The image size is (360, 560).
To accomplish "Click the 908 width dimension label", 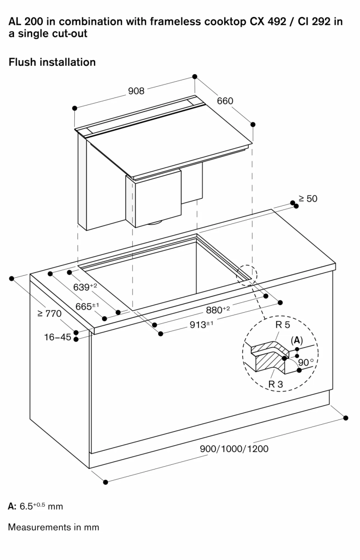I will tap(136, 91).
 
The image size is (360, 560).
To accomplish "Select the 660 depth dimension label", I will tap(225, 101).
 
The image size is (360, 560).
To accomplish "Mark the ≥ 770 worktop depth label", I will tap(49, 314).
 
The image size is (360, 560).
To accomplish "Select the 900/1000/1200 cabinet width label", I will tap(234, 449).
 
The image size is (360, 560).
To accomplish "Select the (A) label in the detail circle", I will tap(296, 341).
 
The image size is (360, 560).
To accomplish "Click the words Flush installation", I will tap(52, 62).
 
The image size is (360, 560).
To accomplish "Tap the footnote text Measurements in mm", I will tap(54, 527).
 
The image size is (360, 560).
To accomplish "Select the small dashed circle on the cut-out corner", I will tap(247, 274).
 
